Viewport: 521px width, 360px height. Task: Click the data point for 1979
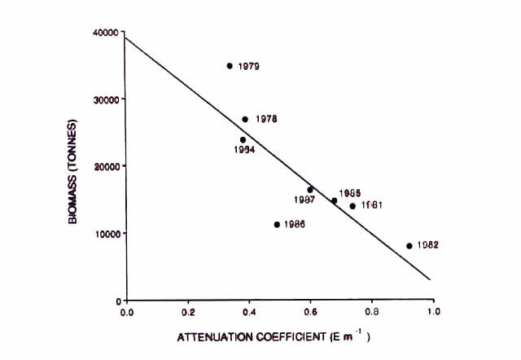click(230, 66)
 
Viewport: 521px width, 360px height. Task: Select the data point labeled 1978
click(245, 119)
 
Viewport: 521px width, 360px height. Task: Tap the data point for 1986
click(277, 224)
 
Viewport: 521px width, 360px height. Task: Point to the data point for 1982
click(409, 245)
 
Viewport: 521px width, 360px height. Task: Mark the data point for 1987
click(310, 190)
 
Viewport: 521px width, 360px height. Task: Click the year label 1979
click(249, 67)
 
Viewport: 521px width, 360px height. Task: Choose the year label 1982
click(428, 245)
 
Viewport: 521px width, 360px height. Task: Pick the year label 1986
click(295, 225)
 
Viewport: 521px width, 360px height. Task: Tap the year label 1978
click(266, 119)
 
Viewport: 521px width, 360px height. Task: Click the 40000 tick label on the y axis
click(108, 33)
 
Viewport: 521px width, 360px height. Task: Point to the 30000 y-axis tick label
click(108, 99)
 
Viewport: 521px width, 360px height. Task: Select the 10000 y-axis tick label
click(108, 234)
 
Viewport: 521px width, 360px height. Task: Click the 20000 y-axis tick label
click(108, 166)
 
